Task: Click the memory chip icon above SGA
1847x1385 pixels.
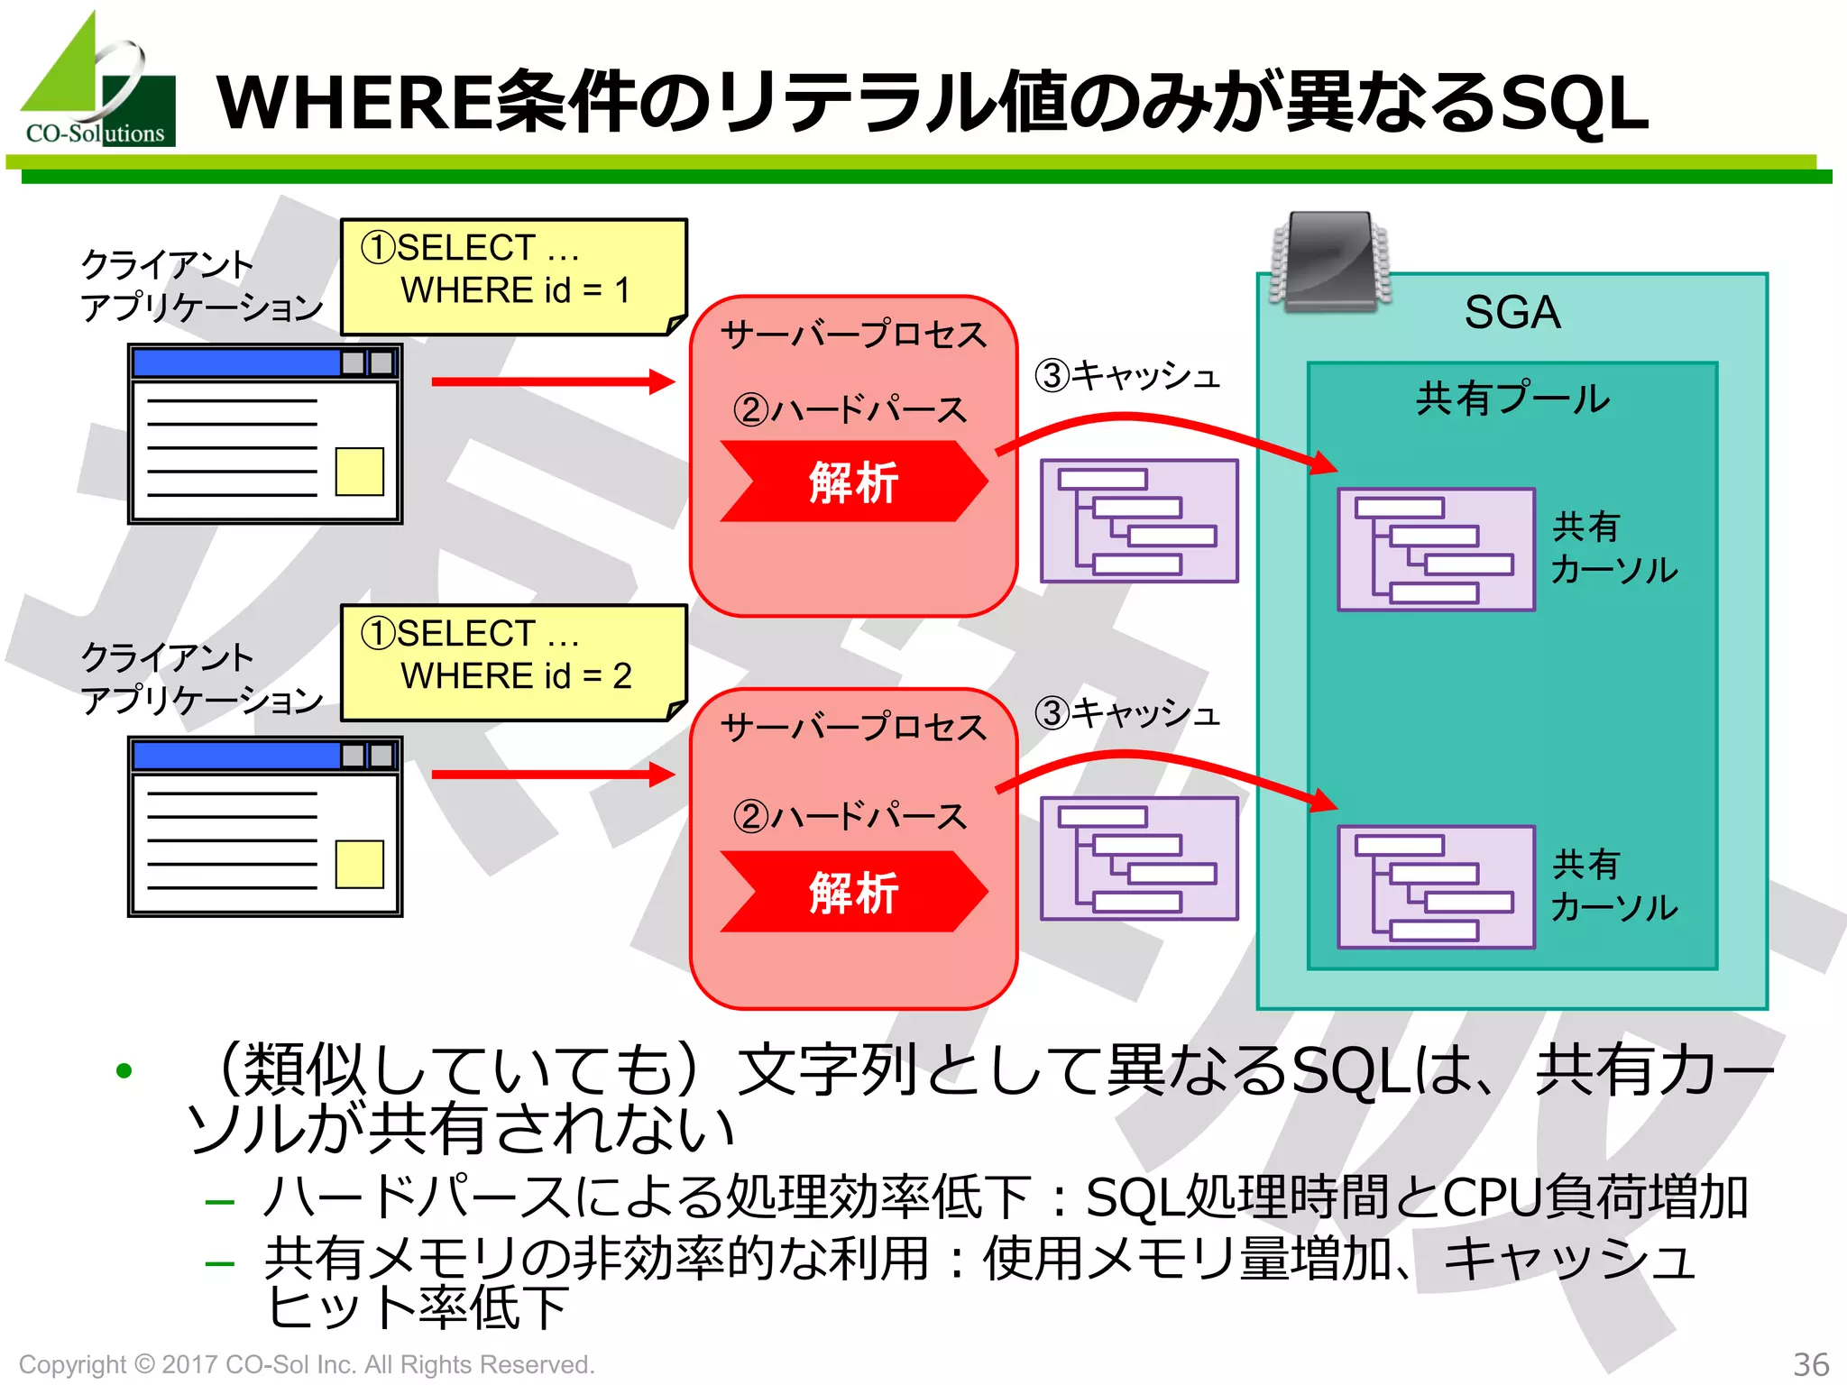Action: point(1330,261)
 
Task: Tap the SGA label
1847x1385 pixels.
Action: point(1512,313)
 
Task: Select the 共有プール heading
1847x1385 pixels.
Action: point(1512,399)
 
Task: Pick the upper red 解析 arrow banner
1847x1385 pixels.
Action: point(853,482)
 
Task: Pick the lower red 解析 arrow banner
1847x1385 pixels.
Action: point(853,892)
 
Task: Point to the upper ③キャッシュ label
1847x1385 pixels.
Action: point(1127,375)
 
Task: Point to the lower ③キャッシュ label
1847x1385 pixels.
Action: point(1127,713)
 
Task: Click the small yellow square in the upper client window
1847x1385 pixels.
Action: point(359,472)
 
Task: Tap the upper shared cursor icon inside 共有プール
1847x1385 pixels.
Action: point(1436,549)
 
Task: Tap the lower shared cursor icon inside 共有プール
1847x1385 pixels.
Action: point(1436,887)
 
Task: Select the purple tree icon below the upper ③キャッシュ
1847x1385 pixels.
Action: point(1139,521)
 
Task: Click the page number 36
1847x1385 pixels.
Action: point(1810,1364)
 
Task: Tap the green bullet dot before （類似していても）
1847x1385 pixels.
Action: point(124,1070)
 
